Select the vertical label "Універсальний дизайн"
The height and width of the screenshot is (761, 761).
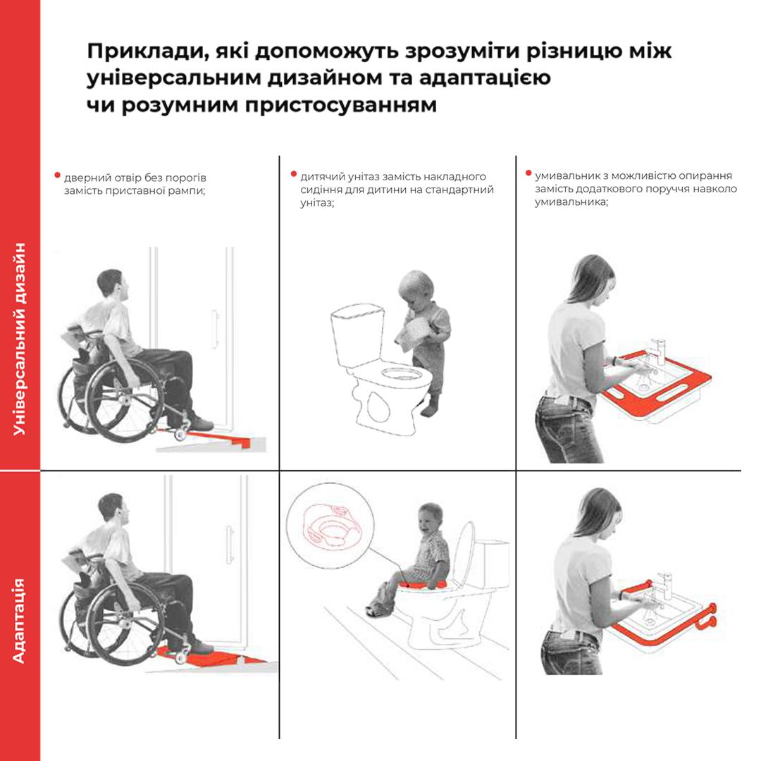tap(19, 339)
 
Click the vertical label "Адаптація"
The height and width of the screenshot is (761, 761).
tap(19, 621)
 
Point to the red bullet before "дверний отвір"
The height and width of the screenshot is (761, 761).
tap(58, 175)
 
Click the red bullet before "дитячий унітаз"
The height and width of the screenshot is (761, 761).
tap(294, 174)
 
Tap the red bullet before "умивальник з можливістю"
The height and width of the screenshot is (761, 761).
tap(528, 173)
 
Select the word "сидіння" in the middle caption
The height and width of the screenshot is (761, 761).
tap(318, 190)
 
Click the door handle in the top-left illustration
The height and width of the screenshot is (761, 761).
tap(214, 328)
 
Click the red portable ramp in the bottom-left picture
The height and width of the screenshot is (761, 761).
tap(214, 659)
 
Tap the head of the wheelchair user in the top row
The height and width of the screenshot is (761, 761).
tap(113, 285)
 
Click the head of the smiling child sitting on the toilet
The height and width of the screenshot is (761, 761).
tap(431, 518)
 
